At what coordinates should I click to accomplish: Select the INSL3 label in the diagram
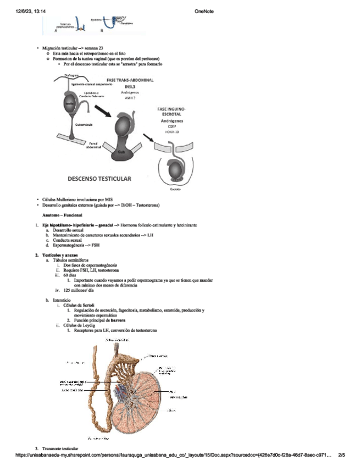130,87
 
